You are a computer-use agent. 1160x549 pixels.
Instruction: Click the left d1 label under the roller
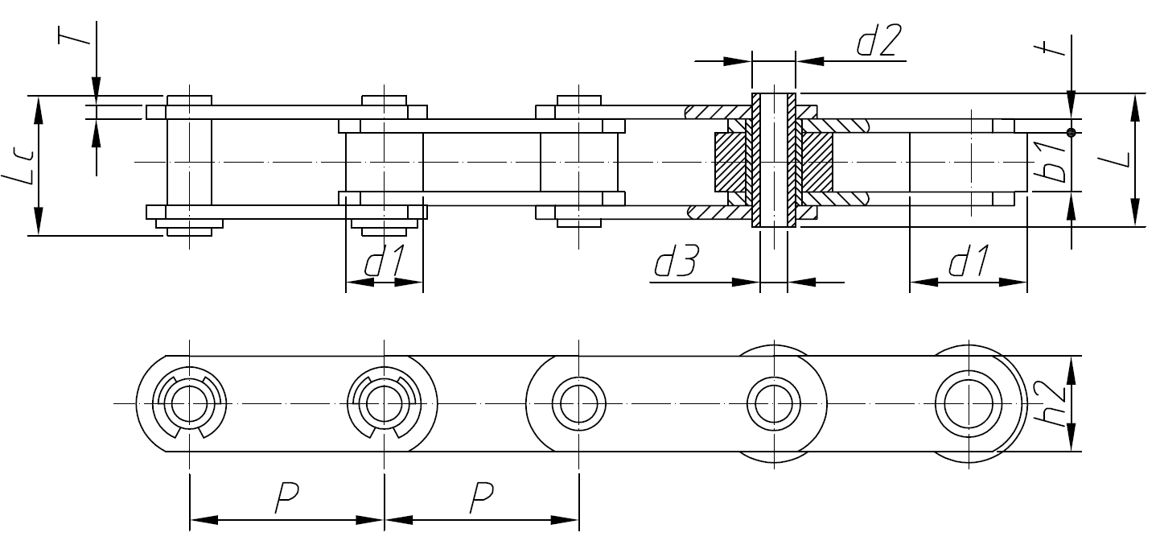[x=384, y=264]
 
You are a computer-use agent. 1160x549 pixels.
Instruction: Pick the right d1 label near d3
[x=969, y=264]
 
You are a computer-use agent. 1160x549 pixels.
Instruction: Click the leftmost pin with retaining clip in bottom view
[x=189, y=402]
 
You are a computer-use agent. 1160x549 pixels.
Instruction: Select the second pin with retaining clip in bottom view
[x=384, y=402]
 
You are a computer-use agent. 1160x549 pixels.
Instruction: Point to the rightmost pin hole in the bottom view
[x=969, y=402]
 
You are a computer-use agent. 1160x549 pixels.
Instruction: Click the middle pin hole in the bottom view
[x=578, y=402]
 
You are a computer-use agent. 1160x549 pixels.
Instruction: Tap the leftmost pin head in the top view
[x=189, y=101]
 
